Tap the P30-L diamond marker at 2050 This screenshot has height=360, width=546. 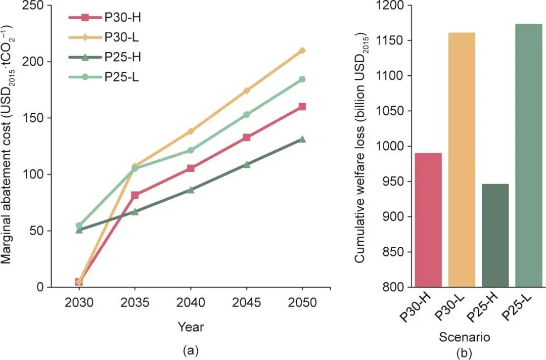302,51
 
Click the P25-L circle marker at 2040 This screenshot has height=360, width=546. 191,150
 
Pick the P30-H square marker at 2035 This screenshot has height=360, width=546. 135,195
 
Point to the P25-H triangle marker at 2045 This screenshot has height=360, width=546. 247,164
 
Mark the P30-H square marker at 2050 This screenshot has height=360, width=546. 302,107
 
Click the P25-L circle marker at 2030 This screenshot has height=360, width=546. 79,226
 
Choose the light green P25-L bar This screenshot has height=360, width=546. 528,156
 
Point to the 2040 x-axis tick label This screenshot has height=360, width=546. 191,303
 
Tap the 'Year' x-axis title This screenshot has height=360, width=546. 191,327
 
